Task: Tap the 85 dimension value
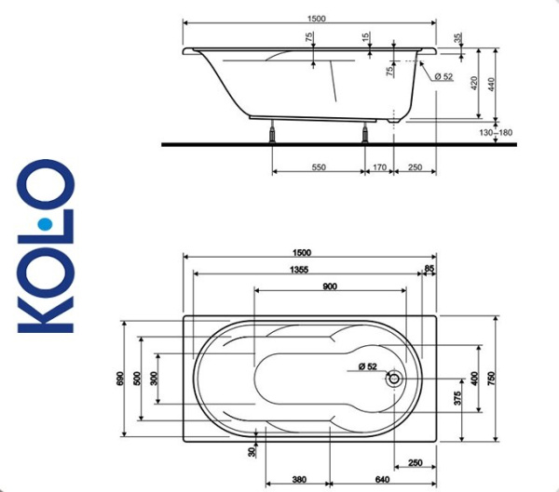[x=429, y=269]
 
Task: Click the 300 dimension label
[x=153, y=379]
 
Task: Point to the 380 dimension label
[x=299, y=480]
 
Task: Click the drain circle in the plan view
[x=396, y=379]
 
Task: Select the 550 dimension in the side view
[x=318, y=167]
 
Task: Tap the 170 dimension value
[x=379, y=167]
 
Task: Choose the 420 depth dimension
[x=475, y=83]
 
